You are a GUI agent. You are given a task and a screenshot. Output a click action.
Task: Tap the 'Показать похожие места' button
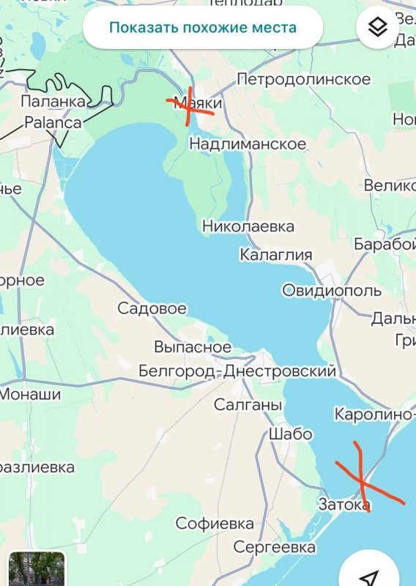click(x=203, y=29)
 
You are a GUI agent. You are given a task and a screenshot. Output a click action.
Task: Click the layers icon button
click(x=377, y=28)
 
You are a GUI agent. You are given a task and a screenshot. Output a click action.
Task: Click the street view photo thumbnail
click(x=37, y=568)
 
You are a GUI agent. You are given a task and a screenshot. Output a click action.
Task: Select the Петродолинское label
click(x=304, y=79)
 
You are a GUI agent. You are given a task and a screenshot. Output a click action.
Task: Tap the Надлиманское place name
click(x=248, y=144)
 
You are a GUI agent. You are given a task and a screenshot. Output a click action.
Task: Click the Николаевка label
click(x=248, y=226)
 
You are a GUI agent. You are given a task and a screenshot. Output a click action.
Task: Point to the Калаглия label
click(x=276, y=255)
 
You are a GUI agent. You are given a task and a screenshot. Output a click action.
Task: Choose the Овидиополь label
click(x=332, y=291)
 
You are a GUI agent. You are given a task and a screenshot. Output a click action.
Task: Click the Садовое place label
click(x=152, y=308)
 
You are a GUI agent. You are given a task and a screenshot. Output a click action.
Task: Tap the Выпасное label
click(x=193, y=347)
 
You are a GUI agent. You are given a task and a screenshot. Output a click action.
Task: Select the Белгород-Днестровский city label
click(x=237, y=372)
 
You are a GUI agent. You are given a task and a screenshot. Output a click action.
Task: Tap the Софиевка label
click(x=215, y=524)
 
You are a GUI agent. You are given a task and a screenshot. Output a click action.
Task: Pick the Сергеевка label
click(x=275, y=547)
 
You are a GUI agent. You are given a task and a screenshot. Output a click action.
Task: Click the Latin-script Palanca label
click(x=53, y=122)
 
